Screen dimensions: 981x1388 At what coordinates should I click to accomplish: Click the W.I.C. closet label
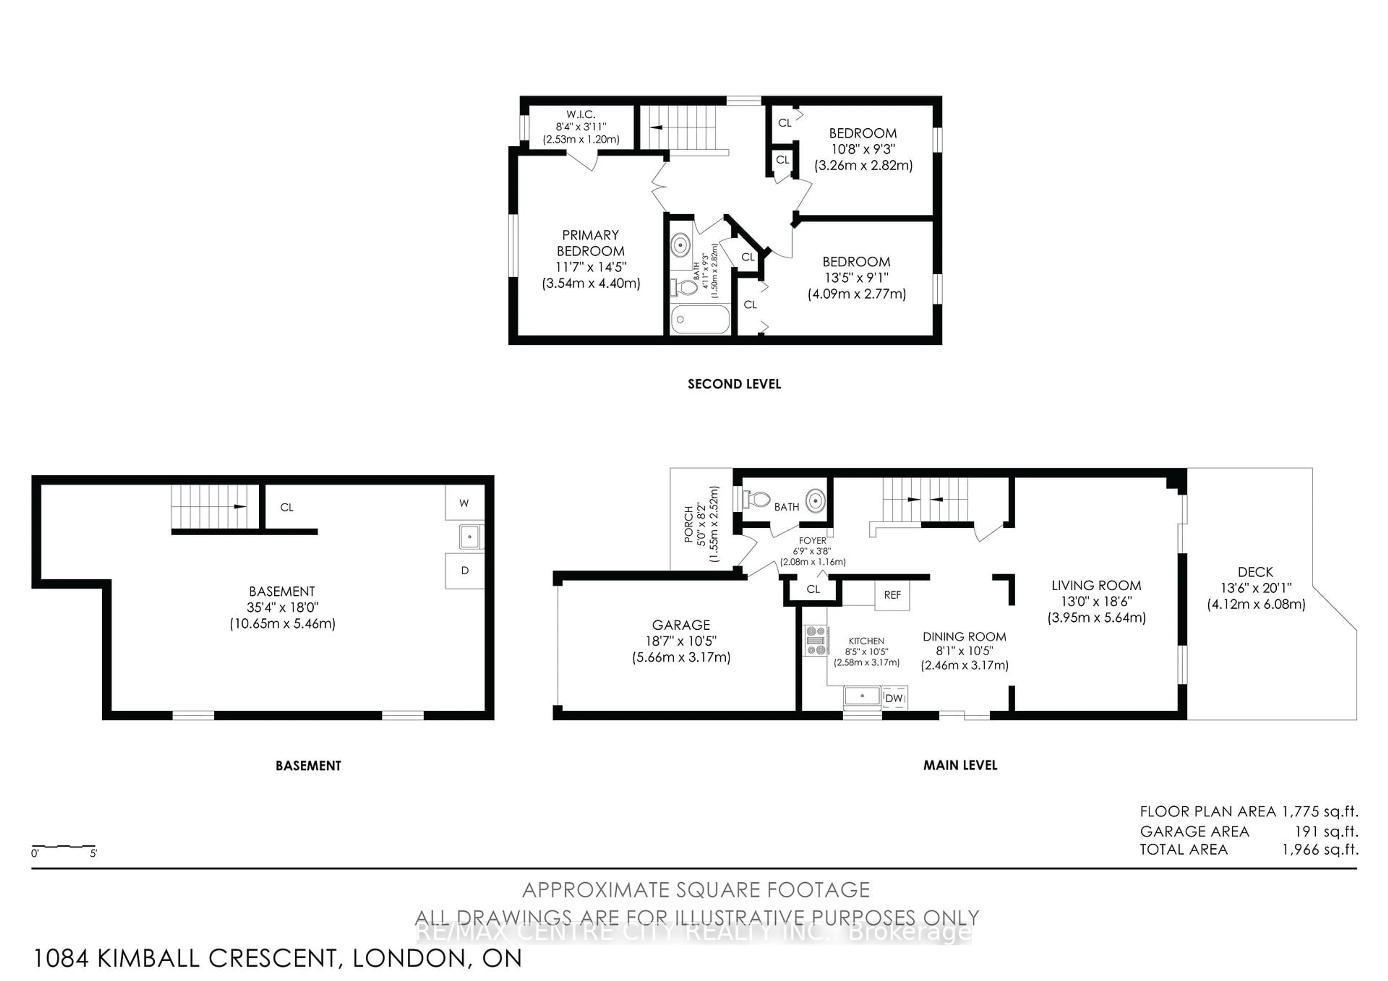[581, 114]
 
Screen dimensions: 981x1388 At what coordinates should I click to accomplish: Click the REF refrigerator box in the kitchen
[892, 595]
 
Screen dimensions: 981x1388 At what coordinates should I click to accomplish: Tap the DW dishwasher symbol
[894, 698]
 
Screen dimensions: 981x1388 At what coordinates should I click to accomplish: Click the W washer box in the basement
[464, 503]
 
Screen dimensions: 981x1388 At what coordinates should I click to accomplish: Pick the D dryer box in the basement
[464, 571]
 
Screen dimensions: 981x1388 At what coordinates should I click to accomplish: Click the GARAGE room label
[681, 625]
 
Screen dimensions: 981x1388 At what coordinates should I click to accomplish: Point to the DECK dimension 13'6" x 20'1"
[1256, 588]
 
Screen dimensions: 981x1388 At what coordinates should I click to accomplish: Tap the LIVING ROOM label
[1096, 585]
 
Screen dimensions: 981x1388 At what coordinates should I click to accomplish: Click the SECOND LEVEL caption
[734, 384]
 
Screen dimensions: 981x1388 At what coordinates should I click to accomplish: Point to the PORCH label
[689, 524]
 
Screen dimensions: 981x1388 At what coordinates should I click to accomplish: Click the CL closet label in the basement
[287, 507]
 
